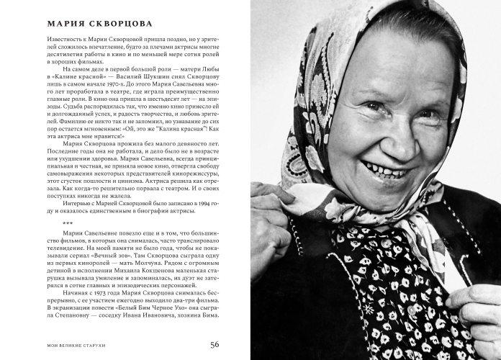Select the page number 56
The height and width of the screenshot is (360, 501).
pyautogui.click(x=215, y=343)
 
